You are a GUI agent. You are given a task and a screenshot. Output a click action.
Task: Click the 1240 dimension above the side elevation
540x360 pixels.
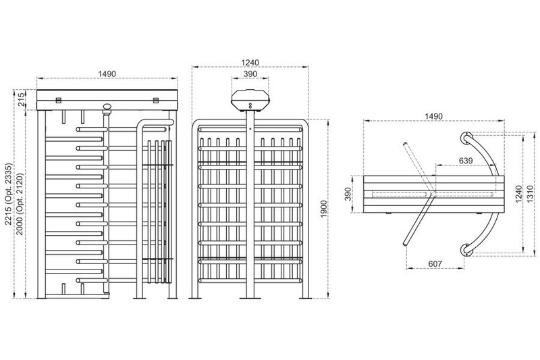tap(250, 61)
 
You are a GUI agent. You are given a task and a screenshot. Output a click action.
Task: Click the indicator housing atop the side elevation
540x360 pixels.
tap(250, 100)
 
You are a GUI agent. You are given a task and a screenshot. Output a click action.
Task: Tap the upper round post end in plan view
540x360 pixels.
tap(464, 137)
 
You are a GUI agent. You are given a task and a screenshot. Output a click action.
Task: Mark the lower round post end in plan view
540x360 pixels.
tap(464, 249)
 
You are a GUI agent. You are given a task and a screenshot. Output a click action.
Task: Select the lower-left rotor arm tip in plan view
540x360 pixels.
tap(404, 243)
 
